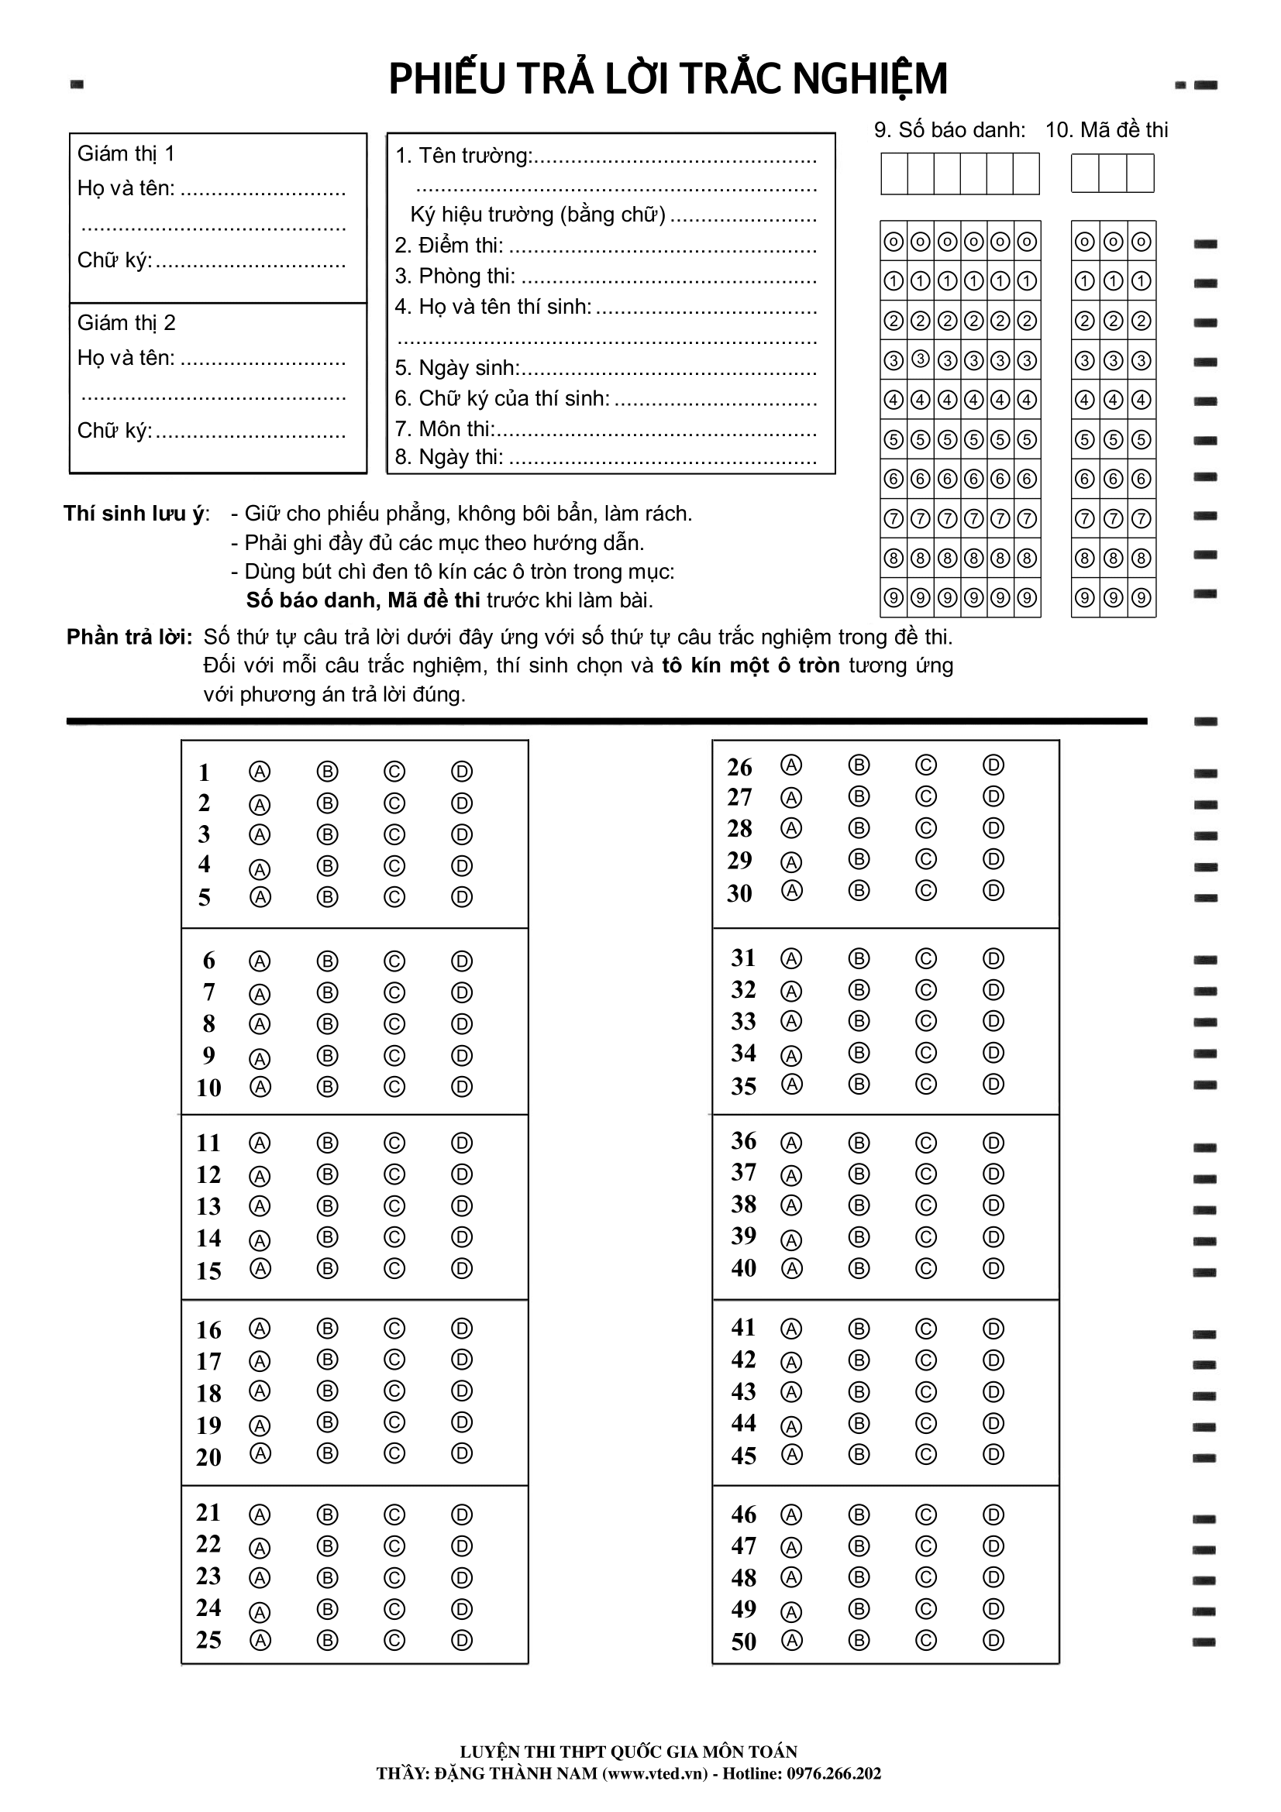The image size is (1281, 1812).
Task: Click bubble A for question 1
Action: pyautogui.click(x=260, y=771)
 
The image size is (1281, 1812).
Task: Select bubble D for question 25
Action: pyautogui.click(x=462, y=1641)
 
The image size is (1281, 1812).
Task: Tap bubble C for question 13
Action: pyautogui.click(x=394, y=1206)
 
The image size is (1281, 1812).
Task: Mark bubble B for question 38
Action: pyautogui.click(x=859, y=1205)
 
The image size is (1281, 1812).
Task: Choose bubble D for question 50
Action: pyautogui.click(x=993, y=1641)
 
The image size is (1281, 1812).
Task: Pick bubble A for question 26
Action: pyautogui.click(x=792, y=765)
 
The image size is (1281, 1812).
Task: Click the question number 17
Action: pyautogui.click(x=209, y=1361)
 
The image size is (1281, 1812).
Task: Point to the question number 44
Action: pyautogui.click(x=743, y=1423)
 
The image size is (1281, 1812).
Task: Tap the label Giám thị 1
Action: pyautogui.click(x=126, y=153)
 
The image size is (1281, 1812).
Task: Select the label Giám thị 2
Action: pyautogui.click(x=126, y=323)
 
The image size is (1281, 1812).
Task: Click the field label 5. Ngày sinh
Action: pyautogui.click(x=457, y=368)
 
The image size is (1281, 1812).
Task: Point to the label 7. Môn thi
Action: pyautogui.click(x=444, y=428)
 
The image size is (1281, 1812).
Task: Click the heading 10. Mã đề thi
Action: pyautogui.click(x=1106, y=130)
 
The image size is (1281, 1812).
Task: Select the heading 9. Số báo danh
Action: pyautogui.click(x=949, y=130)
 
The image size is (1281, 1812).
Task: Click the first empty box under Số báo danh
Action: pyautogui.click(x=894, y=174)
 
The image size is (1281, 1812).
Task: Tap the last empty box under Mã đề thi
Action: pyautogui.click(x=1140, y=174)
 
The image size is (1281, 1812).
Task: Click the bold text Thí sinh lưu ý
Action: pyautogui.click(x=136, y=514)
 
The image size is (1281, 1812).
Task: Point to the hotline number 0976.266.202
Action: pyautogui.click(x=834, y=1773)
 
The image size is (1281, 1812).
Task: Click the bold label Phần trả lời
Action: pyautogui.click(x=129, y=637)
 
